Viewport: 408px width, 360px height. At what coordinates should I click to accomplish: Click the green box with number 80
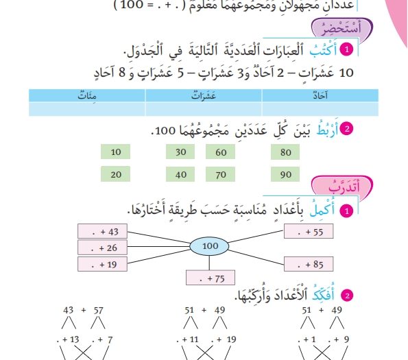pyautogui.click(x=285, y=152)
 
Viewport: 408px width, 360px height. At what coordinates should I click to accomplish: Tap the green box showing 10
pyautogui.click(x=115, y=152)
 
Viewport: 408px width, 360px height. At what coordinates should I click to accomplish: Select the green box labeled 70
pyautogui.click(x=220, y=174)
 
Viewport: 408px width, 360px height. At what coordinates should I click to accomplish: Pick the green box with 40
pyautogui.click(x=180, y=174)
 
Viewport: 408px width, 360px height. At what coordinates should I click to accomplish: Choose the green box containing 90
pyautogui.click(x=285, y=174)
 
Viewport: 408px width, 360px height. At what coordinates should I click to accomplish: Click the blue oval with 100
pyautogui.click(x=209, y=246)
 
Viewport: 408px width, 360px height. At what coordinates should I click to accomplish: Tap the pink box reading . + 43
pyautogui.click(x=103, y=231)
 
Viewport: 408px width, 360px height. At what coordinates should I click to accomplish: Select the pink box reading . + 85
pyautogui.click(x=309, y=264)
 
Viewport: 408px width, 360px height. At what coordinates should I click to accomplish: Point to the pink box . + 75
pyautogui.click(x=211, y=278)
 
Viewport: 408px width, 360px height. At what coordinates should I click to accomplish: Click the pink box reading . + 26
pyautogui.click(x=103, y=248)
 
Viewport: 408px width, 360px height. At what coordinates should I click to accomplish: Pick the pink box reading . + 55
pyautogui.click(x=309, y=232)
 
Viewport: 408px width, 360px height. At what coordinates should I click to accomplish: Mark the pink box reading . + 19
pyautogui.click(x=103, y=264)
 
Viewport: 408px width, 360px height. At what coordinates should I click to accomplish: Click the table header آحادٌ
pyautogui.click(x=320, y=95)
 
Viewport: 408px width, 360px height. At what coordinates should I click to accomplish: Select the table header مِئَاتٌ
pyautogui.click(x=87, y=95)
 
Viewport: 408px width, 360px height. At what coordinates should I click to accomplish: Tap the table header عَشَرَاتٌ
pyautogui.click(x=204, y=95)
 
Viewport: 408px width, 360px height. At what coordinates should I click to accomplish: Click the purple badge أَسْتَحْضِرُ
pyautogui.click(x=342, y=28)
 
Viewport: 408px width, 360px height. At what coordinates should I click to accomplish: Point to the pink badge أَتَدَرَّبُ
pyautogui.click(x=342, y=186)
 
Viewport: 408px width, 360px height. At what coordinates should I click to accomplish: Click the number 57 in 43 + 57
pyautogui.click(x=98, y=310)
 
